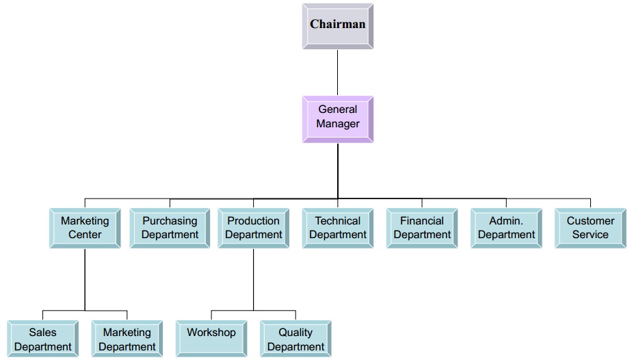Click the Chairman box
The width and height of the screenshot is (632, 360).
point(338,26)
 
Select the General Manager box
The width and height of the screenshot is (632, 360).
point(338,119)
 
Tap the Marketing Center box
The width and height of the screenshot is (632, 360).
point(85,228)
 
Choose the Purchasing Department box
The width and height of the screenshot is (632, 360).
point(170,228)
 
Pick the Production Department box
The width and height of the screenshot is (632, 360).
point(254,228)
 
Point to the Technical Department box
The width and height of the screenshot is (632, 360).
point(338,228)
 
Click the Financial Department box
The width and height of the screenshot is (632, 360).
point(422,228)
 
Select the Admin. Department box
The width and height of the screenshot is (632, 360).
point(506,228)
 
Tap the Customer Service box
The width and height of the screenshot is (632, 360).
point(590,228)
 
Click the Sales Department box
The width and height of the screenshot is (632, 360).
point(43,339)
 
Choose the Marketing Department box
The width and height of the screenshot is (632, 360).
point(127,339)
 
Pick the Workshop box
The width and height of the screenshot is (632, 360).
point(211,339)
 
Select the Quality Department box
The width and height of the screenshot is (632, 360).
point(295,339)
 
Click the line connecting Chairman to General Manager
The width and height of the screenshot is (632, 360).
point(338,72)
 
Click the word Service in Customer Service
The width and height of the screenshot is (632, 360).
point(590,235)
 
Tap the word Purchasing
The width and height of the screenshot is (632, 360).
point(170,221)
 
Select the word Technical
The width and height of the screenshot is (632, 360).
point(338,221)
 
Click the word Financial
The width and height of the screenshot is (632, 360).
point(422,221)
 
